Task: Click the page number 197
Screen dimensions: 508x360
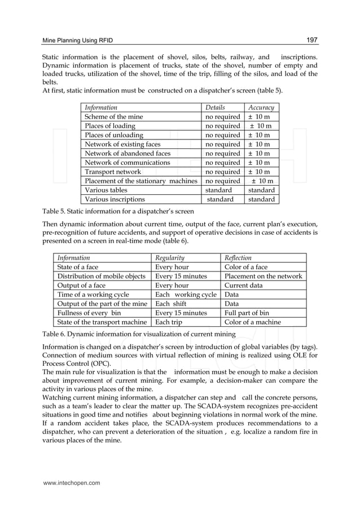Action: click(x=311, y=40)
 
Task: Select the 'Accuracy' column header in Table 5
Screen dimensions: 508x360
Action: click(x=261, y=107)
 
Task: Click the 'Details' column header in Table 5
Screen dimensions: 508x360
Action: click(x=215, y=107)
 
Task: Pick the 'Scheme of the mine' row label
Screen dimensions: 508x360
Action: click(x=113, y=117)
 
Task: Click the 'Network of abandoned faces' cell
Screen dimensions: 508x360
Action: click(x=127, y=154)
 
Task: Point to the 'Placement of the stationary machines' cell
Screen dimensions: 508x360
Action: click(x=141, y=181)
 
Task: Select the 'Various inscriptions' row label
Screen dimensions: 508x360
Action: click(x=115, y=199)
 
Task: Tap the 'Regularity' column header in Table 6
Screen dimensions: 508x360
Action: click(x=170, y=257)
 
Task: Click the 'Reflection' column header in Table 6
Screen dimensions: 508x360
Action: click(x=238, y=257)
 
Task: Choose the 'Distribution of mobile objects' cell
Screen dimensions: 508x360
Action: click(x=101, y=276)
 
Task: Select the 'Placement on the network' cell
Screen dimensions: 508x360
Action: click(x=263, y=276)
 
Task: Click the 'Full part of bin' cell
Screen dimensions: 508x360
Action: click(x=247, y=313)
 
